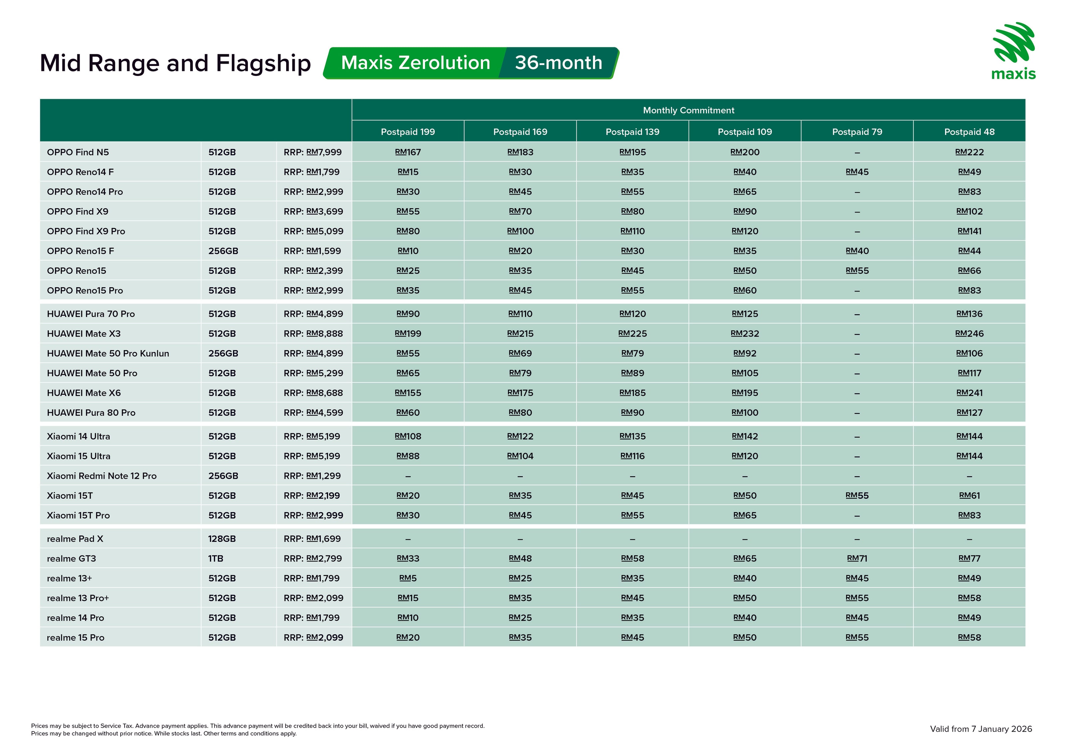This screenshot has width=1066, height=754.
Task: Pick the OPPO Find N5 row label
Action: (x=78, y=152)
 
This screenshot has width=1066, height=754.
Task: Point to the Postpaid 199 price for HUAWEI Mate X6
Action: (x=408, y=393)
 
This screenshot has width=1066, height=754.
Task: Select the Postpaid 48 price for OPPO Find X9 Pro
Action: (x=969, y=231)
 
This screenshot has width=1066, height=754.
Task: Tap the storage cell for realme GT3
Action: (x=216, y=558)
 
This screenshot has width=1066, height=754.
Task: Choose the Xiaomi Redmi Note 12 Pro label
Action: (x=102, y=476)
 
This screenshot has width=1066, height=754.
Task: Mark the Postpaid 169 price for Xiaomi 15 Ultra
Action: (x=520, y=456)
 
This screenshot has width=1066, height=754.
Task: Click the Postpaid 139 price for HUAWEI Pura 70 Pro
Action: (x=632, y=314)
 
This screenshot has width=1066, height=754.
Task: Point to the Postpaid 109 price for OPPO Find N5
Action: (x=745, y=152)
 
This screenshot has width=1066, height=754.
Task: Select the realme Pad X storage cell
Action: (x=222, y=539)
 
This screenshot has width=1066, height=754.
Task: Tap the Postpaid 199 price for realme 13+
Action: (x=408, y=578)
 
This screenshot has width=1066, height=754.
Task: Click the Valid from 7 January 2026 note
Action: (x=981, y=729)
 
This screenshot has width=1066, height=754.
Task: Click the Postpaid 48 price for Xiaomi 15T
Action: (x=969, y=496)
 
